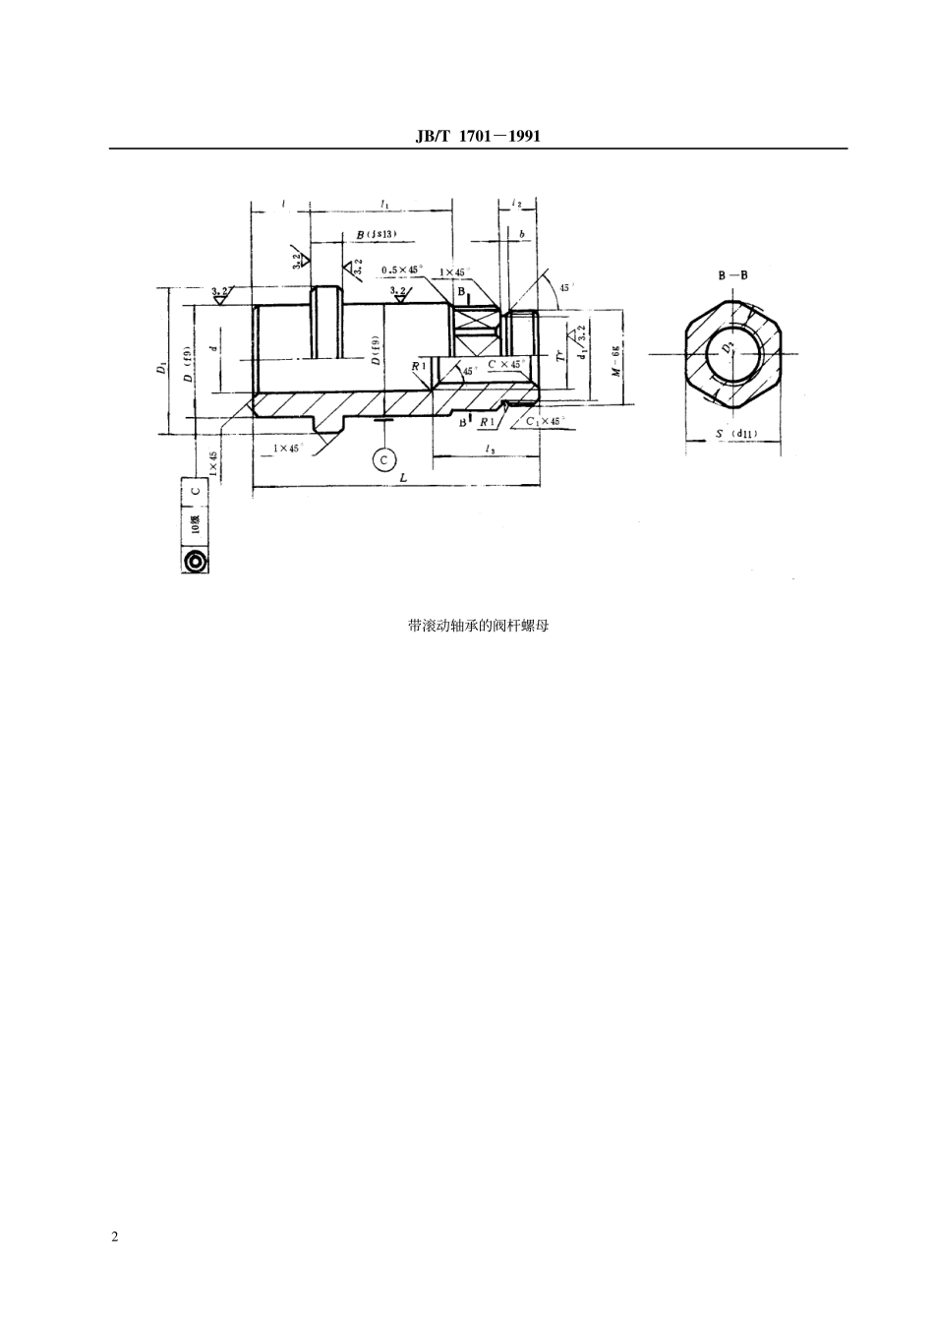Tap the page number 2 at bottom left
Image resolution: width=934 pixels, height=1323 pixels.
[x=115, y=1236]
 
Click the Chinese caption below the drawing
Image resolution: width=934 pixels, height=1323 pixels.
[x=478, y=625]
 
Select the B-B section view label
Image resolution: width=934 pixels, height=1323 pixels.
[x=732, y=275]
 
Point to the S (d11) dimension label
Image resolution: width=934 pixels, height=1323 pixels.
[x=736, y=433]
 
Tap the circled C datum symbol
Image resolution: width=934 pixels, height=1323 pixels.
[x=384, y=458]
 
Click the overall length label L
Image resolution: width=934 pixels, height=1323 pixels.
[x=404, y=475]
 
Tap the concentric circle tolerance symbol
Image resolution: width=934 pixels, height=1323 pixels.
[x=195, y=561]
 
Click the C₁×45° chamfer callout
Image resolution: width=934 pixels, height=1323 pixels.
[x=546, y=420]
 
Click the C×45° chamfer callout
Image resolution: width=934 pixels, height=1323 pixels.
[x=508, y=364]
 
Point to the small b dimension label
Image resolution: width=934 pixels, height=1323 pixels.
[x=521, y=235]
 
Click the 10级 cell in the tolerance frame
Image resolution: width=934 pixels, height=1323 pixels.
[x=195, y=521]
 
